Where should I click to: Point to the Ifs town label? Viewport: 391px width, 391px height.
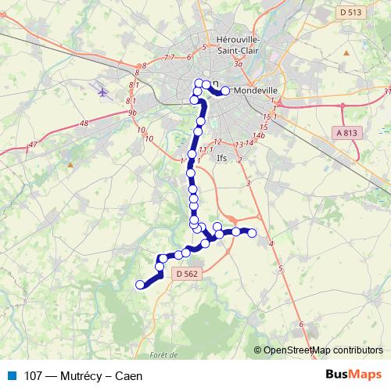(221, 157)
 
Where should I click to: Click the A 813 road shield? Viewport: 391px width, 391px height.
(346, 133)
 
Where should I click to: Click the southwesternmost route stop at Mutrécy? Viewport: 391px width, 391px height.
(141, 285)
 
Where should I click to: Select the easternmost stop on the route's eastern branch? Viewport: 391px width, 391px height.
(252, 232)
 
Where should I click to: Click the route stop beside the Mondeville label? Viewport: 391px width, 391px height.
(225, 91)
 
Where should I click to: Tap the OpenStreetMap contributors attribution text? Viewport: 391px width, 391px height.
(323, 350)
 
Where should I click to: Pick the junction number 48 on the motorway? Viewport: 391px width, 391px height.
(84, 123)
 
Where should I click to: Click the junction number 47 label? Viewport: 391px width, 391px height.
(32, 145)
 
